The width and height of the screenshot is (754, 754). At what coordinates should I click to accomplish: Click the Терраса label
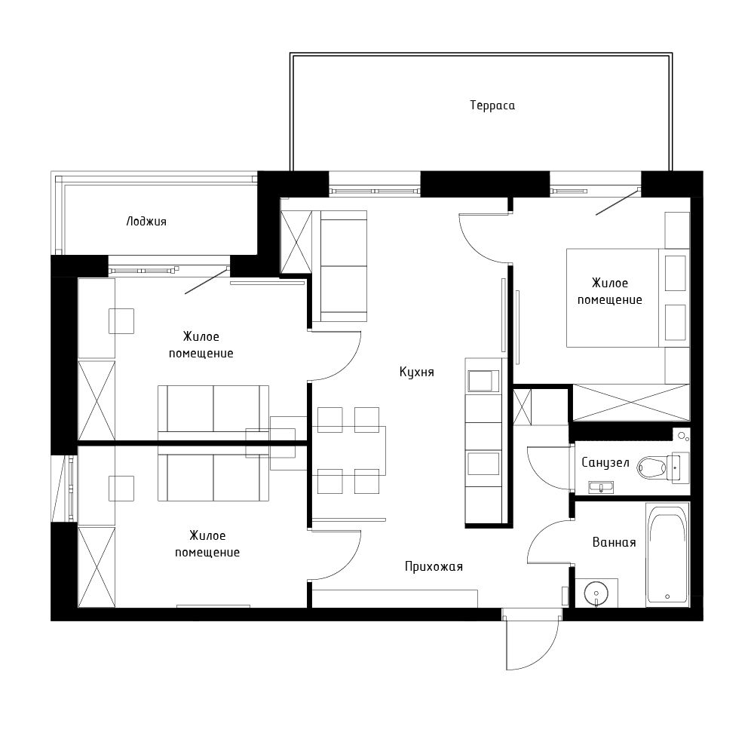tap(492, 106)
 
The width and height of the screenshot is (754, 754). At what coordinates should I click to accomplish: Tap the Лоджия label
tap(146, 222)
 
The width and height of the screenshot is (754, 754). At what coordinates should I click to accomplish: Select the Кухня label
tap(417, 372)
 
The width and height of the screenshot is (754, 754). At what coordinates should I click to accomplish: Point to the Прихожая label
tap(434, 566)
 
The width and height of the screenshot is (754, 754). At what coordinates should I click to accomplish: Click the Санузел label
tap(605, 462)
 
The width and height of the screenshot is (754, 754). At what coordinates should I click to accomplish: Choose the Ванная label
tap(614, 542)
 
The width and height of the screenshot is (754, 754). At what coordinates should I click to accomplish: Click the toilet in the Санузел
tap(654, 467)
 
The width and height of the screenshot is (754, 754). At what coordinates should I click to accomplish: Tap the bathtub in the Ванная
tap(667, 554)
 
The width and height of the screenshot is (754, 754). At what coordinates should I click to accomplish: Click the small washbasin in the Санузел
tap(601, 487)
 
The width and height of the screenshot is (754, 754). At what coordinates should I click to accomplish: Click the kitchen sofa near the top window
tap(344, 265)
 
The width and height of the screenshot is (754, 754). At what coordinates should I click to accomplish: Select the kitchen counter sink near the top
tap(483, 380)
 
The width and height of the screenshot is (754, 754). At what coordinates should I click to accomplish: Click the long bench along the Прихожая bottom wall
tap(394, 599)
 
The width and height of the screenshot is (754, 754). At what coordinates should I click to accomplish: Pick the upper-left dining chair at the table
tap(330, 420)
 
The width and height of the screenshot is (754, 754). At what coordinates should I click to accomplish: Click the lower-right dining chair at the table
tap(366, 481)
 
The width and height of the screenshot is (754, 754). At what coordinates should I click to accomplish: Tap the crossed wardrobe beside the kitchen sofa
tap(296, 242)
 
